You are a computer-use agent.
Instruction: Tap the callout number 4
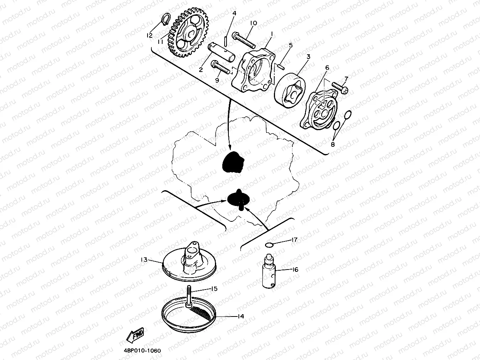[234, 13]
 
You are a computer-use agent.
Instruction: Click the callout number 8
[333, 144]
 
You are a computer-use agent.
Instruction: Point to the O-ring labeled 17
[270, 244]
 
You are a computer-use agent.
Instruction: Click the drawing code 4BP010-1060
[142, 351]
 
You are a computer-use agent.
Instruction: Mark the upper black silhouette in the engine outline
[233, 161]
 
